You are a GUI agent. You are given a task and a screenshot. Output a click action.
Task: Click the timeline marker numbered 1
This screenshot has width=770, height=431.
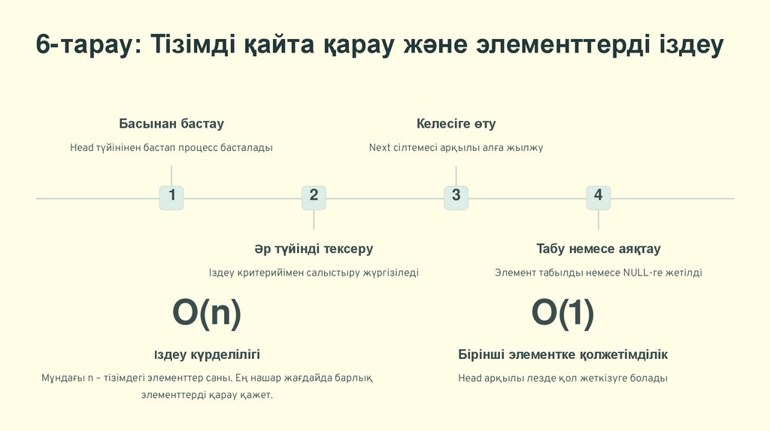coord(171,197)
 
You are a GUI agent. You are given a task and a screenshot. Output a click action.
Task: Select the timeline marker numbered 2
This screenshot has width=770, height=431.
coord(314,197)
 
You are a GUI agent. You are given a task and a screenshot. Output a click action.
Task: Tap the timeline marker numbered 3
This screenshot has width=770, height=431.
coord(456,197)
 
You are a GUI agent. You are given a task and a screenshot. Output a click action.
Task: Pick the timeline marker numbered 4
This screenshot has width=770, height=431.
coord(598,197)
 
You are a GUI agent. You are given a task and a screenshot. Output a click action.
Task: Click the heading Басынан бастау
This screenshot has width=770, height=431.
coord(171,124)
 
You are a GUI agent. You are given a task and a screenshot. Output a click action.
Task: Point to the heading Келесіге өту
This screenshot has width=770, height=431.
coord(456,124)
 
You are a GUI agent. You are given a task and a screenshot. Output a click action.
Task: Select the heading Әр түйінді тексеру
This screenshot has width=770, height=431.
coord(314,249)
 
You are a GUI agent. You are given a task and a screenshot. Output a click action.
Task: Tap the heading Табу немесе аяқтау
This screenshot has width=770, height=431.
coord(598,249)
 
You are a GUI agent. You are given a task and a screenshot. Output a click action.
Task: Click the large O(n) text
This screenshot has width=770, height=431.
coord(207,312)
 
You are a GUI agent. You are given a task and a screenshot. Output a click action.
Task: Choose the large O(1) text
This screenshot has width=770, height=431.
coord(562,312)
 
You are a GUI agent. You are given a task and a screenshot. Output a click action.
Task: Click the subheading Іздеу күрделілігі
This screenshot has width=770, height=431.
coord(207,354)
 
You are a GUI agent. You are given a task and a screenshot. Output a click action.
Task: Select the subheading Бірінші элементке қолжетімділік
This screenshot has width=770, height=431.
coord(562,354)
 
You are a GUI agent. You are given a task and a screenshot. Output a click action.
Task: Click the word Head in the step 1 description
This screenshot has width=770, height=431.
coord(81,148)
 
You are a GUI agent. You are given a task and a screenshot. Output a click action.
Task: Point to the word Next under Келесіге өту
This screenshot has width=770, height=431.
coord(379,148)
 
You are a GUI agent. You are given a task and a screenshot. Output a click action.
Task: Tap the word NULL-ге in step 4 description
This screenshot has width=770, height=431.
coord(640,273)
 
